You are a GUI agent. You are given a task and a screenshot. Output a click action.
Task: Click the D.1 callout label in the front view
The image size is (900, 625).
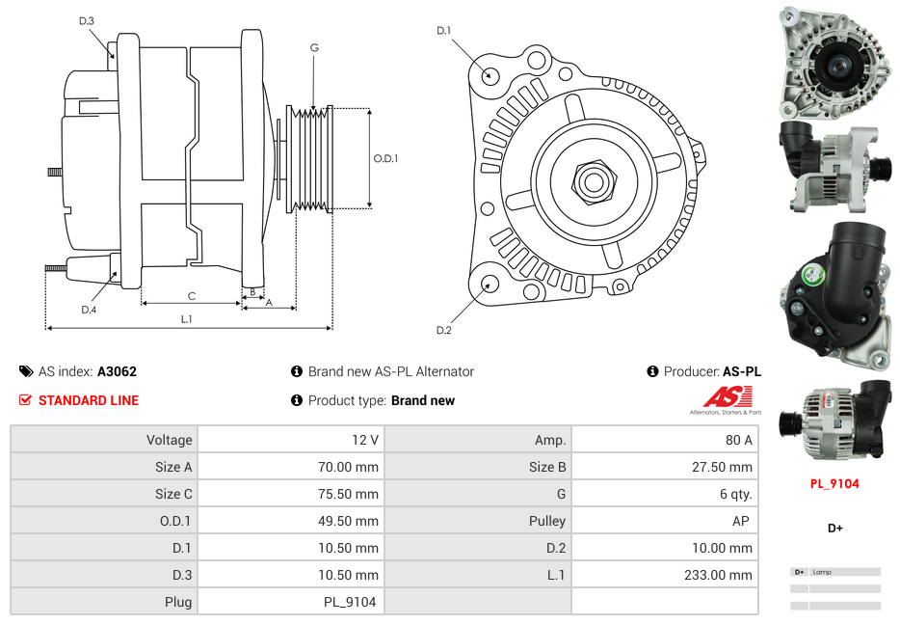click(443, 31)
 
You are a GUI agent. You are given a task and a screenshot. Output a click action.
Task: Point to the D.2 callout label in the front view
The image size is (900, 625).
click(443, 331)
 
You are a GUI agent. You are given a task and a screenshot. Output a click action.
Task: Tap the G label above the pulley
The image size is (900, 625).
click(314, 47)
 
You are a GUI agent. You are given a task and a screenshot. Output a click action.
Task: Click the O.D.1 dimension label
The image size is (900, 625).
click(385, 158)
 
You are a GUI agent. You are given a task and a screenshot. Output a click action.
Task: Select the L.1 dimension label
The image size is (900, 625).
click(187, 319)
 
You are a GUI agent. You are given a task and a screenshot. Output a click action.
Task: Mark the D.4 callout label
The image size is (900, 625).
click(89, 310)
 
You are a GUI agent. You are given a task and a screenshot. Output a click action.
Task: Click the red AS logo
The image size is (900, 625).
click(727, 396)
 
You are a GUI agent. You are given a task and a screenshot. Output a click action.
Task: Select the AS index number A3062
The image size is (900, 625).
click(117, 371)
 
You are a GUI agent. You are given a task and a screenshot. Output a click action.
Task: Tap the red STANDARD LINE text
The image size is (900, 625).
click(89, 400)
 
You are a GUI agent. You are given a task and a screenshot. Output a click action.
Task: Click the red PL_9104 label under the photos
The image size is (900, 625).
click(834, 484)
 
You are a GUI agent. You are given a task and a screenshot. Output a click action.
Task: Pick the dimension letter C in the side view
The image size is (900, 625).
click(191, 296)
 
